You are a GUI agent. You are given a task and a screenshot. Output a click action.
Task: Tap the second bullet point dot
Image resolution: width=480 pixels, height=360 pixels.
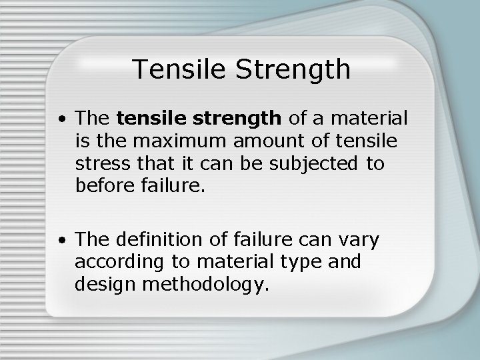(61, 238)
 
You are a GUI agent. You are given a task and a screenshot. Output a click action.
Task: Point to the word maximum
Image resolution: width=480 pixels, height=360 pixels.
(175, 141)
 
